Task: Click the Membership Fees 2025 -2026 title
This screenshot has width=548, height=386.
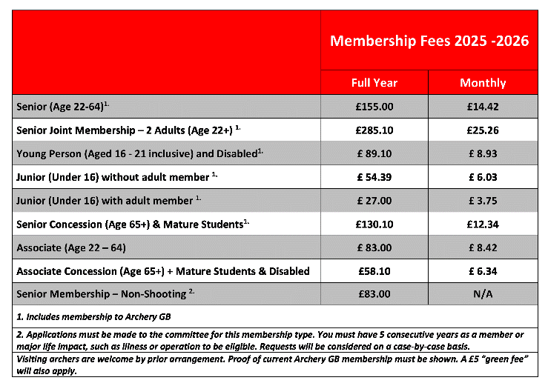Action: [429, 41]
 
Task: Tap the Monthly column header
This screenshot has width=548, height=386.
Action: [483, 82]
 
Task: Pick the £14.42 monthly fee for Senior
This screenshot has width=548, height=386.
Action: [483, 107]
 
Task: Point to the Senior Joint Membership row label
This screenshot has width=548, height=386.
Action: [128, 130]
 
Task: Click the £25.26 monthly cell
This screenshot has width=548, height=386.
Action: [483, 130]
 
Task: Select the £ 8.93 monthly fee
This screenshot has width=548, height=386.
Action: [483, 154]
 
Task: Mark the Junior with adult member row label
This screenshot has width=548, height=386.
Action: [108, 201]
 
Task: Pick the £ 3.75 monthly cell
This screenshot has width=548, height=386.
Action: [483, 201]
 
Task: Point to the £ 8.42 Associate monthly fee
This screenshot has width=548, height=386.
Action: [483, 247]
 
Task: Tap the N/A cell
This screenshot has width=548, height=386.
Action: [483, 295]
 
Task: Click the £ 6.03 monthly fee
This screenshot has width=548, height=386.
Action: [483, 178]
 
